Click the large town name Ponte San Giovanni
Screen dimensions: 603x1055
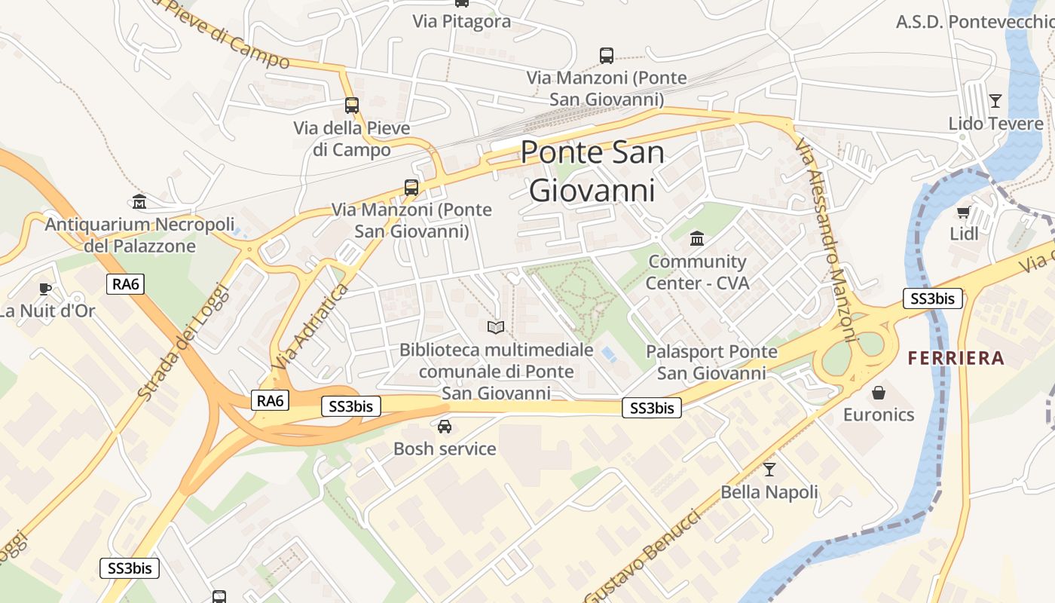pos(592,171)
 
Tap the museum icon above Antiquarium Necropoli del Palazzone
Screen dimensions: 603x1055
pos(139,201)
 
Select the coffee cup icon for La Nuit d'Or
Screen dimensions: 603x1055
pos(45,288)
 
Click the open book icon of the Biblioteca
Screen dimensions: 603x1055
pos(495,326)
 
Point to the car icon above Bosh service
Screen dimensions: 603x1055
pos(445,427)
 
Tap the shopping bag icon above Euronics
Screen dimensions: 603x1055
pos(878,392)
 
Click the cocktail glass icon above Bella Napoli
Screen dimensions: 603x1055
pos(769,470)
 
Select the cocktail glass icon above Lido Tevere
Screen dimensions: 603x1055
pos(995,100)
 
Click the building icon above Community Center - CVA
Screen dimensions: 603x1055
pos(697,239)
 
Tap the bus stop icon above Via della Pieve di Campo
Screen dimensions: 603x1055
pos(351,106)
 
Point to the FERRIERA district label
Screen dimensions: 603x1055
pos(956,358)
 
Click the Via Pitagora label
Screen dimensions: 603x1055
pos(461,21)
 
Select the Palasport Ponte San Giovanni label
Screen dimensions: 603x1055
pos(711,362)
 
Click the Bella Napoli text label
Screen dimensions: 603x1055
pos(769,492)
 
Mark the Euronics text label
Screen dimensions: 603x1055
pos(878,415)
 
